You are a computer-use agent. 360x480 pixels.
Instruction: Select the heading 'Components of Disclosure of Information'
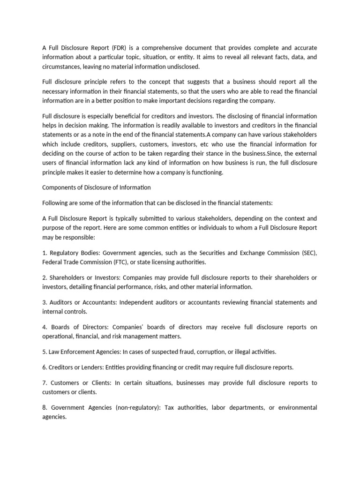coord(97,187)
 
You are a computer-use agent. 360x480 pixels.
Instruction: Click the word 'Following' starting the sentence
coord(55,203)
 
